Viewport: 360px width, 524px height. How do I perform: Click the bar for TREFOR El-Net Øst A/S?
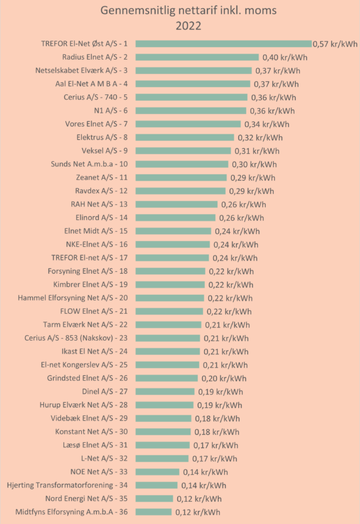tap(223, 44)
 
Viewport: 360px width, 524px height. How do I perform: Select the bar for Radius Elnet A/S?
tap(197, 57)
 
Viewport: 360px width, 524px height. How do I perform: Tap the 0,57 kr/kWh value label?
tap(335, 44)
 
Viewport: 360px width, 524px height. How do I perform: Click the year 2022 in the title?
tap(189, 26)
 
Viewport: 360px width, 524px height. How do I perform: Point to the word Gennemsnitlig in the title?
tap(137, 10)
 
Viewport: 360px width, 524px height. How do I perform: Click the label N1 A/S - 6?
tap(111, 111)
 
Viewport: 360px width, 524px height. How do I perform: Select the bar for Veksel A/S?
tap(183, 151)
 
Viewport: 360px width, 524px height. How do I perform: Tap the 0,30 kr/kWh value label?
tap(255, 164)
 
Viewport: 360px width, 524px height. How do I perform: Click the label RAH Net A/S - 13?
tap(99, 204)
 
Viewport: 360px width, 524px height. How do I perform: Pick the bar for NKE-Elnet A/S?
tap(173, 244)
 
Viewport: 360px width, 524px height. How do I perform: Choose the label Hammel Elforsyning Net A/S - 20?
tap(73, 298)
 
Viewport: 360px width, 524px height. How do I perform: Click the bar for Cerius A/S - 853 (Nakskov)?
tap(168, 338)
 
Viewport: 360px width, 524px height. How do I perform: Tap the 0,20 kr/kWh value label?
tap(224, 379)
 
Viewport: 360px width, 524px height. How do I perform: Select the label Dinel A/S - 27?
tap(105, 391)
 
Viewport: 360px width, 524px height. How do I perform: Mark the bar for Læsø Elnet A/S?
tap(162, 445)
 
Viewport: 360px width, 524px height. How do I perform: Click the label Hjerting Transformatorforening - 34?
tap(67, 485)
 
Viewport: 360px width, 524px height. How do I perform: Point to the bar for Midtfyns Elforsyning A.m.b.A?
tap(154, 512)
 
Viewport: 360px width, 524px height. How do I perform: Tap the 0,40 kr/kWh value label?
tap(285, 58)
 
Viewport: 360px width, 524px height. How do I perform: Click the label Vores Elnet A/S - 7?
tap(96, 124)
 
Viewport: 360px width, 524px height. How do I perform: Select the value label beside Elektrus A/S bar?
tap(260, 138)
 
